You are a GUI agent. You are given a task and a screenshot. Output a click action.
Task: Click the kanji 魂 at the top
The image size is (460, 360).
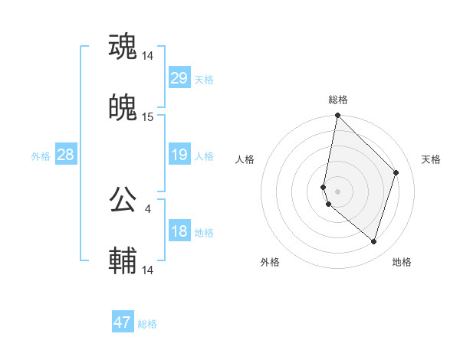pos(123,47)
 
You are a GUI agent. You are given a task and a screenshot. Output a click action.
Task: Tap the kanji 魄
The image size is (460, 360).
pos(123,109)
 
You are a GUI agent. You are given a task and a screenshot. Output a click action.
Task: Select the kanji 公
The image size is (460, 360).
pos(123,201)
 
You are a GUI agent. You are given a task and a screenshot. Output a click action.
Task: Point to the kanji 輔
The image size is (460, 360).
pos(123,262)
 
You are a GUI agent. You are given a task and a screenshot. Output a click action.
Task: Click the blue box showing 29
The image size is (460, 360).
pos(179,78)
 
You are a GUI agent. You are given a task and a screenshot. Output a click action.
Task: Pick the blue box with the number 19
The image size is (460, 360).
pos(179,155)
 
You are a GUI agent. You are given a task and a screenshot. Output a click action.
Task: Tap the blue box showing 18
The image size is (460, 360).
pos(179,231)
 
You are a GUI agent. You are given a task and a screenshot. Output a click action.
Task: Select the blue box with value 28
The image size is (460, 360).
pos(65,155)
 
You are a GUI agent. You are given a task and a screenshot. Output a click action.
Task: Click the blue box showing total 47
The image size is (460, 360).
pos(123,322)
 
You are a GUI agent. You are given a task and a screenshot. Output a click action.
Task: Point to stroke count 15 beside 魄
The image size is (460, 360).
pos(148,117)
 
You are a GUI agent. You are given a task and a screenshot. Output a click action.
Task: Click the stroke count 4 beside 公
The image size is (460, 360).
pos(147,208)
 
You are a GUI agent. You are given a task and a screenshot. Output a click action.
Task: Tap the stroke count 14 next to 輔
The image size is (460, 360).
pos(148,270)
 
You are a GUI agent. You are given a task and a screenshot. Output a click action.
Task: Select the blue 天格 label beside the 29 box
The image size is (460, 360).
pos(204,80)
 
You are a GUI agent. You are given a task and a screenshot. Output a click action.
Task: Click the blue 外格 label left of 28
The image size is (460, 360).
pos(41,156)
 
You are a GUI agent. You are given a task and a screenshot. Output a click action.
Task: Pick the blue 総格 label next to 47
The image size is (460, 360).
pos(147,324)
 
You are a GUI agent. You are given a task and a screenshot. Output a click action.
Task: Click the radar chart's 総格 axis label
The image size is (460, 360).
pos(338,100)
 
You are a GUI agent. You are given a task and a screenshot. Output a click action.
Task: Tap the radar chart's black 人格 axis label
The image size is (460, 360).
pos(245,159)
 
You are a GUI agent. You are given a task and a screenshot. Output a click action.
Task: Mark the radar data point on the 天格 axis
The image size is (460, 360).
pos(396,172)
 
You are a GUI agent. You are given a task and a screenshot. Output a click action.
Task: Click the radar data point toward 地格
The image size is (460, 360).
pos(374,242)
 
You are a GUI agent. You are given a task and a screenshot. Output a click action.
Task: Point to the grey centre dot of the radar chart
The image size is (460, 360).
pos(338,191)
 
